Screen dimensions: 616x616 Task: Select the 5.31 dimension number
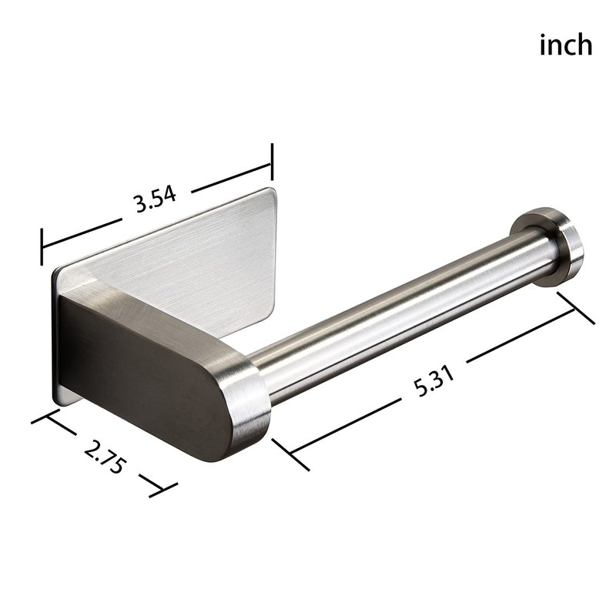coord(434,381)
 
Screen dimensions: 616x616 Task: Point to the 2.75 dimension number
coord(105,457)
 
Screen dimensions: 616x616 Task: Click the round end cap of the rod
coord(547,246)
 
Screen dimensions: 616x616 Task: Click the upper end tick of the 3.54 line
coord(272,162)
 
